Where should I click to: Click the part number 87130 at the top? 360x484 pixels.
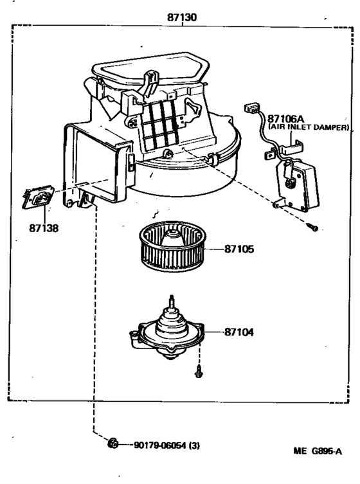click(182, 18)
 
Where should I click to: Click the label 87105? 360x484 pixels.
click(239, 249)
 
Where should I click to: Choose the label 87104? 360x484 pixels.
click(239, 332)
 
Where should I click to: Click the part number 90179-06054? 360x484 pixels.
click(161, 444)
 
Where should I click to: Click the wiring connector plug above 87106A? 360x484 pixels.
click(249, 109)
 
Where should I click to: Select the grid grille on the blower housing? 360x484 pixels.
click(159, 123)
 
